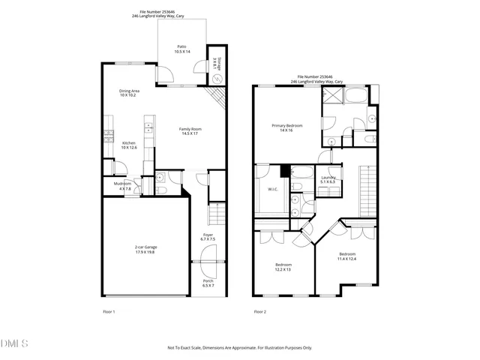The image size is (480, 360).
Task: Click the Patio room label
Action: click(182, 49)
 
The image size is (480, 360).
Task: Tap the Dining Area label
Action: click(130, 93)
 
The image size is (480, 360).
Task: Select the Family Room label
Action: click(190, 130)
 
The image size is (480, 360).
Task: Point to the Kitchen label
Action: click(130, 144)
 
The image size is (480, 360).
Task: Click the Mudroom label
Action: click(122, 186)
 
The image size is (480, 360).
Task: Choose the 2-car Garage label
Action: click(145, 249)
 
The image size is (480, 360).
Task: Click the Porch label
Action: click(208, 283)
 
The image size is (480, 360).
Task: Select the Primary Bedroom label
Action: click(287, 127)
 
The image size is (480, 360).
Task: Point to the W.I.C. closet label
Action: click(273, 189)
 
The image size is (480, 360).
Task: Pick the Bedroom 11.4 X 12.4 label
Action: click(347, 256)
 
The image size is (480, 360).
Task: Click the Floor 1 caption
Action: click(109, 311)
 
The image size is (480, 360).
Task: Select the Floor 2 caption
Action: click(260, 311)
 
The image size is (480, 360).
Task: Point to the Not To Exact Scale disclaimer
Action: click(239, 348)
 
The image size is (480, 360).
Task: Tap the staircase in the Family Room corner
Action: click(217, 97)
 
